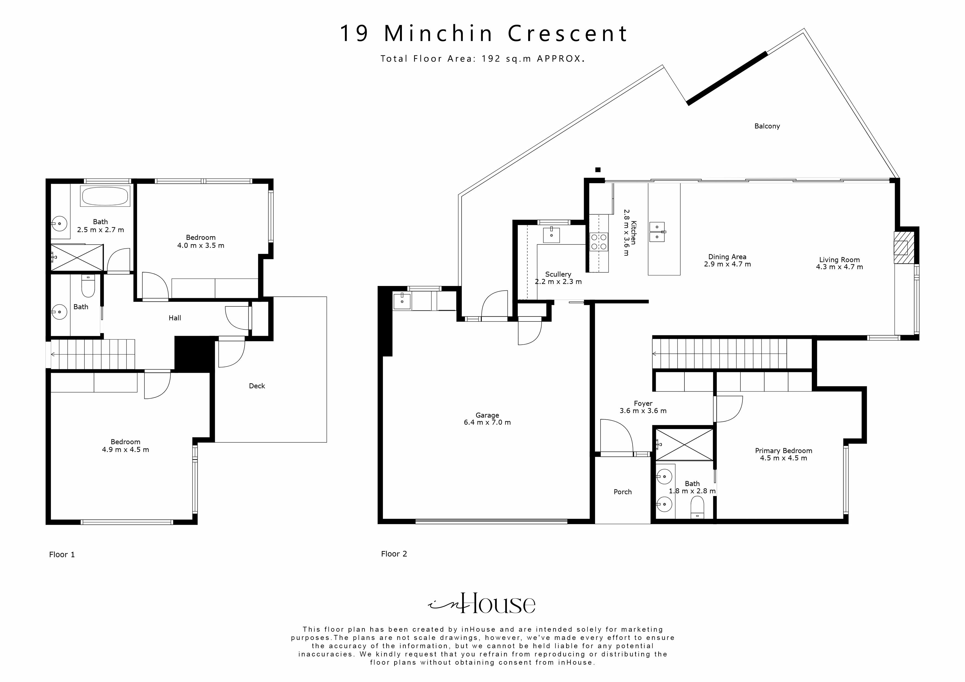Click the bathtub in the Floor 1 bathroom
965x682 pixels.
click(x=105, y=196)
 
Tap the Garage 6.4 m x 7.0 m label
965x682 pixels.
click(x=487, y=419)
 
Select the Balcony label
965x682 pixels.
click(x=767, y=126)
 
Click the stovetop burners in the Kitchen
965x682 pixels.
click(x=599, y=242)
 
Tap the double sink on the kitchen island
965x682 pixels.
click(x=657, y=232)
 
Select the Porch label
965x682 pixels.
click(x=623, y=492)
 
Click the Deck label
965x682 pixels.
click(x=257, y=386)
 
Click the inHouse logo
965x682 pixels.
click(x=482, y=604)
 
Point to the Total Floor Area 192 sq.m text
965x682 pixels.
click(x=482, y=59)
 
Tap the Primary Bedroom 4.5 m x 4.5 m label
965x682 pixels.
click(x=783, y=454)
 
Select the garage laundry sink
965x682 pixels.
click(x=402, y=301)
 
